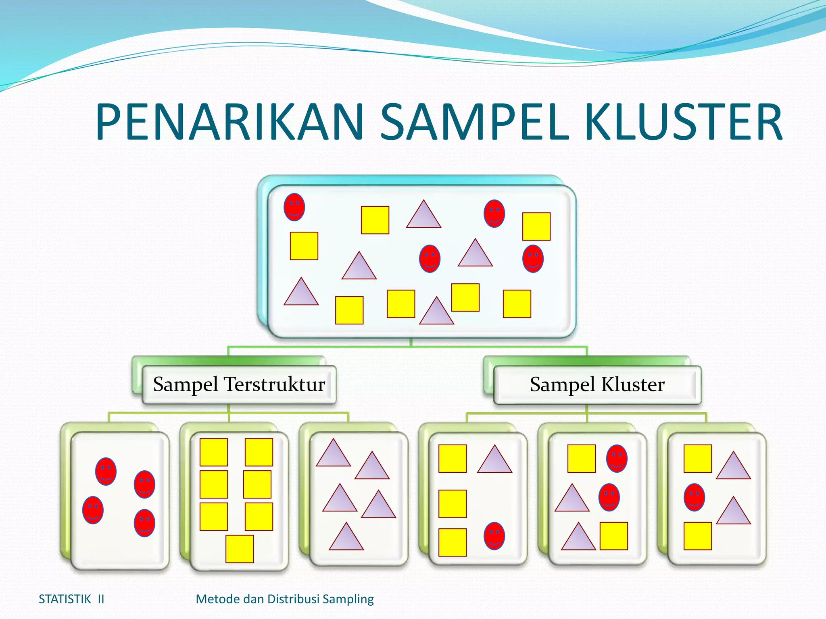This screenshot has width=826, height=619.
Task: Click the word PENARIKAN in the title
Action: [230, 123]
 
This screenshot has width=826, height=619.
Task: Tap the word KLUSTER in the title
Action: [683, 123]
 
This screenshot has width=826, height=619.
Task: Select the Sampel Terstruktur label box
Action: [239, 384]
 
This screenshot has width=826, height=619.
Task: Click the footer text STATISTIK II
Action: [71, 599]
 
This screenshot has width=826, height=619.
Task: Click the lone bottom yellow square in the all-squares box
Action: [240, 549]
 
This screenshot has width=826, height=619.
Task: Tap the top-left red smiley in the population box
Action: [294, 207]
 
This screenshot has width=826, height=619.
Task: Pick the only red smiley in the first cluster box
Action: [494, 536]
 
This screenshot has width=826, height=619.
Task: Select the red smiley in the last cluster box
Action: [694, 497]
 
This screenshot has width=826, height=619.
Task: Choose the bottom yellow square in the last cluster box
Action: [697, 536]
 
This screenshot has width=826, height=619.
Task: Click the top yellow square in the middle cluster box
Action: [581, 459]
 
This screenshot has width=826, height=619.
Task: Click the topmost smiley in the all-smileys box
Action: [106, 471]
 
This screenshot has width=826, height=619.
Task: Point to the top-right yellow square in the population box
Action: [536, 226]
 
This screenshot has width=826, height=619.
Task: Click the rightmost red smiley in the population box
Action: [533, 259]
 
